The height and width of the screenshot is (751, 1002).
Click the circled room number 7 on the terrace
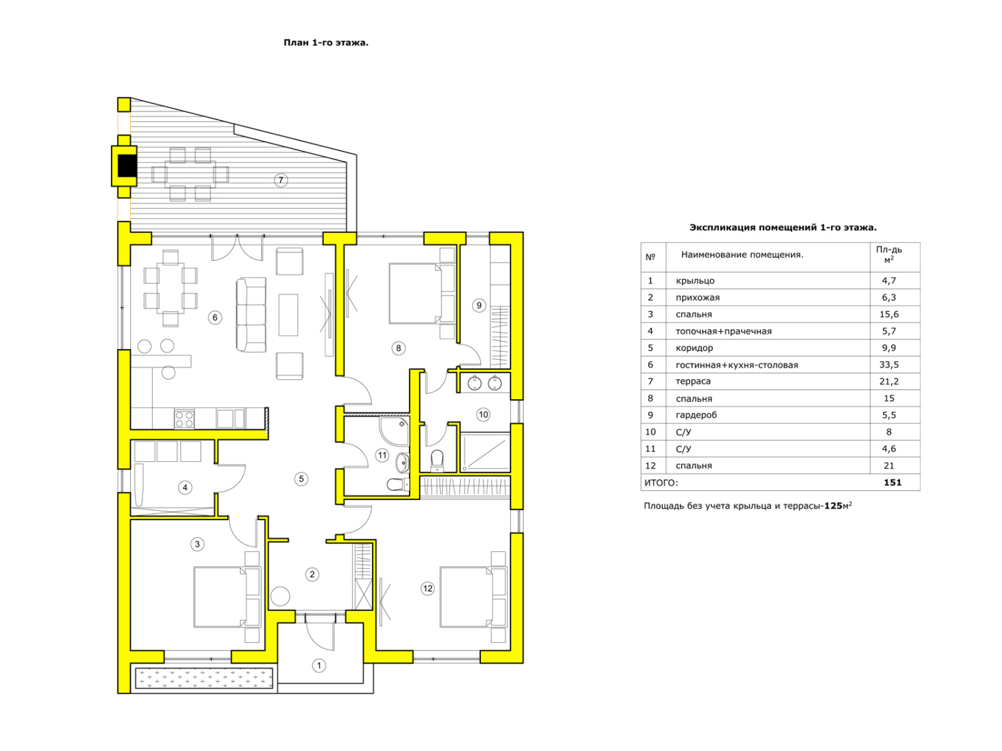click(281, 180)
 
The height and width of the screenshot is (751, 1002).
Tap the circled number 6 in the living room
click(214, 317)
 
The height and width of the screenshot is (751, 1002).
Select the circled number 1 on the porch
click(319, 666)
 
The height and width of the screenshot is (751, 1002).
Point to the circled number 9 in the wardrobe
click(478, 305)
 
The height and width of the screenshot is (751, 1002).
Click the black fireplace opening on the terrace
click(127, 166)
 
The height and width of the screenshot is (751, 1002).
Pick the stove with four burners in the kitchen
click(184, 419)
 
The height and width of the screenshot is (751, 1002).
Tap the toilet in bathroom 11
click(397, 484)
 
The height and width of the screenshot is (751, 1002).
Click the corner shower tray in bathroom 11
click(394, 431)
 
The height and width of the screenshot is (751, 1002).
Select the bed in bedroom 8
click(422, 293)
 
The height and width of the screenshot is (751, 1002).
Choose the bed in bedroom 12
click(473, 597)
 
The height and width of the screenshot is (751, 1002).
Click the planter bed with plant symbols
click(204, 678)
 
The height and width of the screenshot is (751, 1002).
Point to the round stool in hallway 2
click(280, 596)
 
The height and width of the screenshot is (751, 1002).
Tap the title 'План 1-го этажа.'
click(326, 43)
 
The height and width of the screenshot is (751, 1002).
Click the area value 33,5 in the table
click(888, 364)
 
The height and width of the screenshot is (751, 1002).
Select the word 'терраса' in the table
click(693, 381)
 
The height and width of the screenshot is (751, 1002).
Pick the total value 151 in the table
click(892, 482)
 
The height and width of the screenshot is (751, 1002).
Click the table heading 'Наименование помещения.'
click(741, 254)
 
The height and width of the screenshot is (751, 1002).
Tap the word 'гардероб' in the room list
click(695, 415)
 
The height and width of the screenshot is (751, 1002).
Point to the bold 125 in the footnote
click(832, 506)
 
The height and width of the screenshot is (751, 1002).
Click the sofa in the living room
click(251, 314)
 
